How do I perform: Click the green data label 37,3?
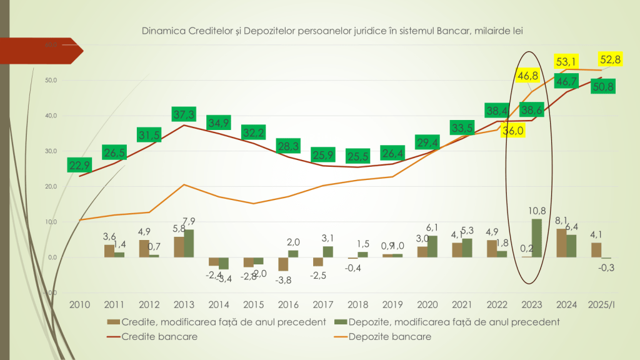click(182, 114)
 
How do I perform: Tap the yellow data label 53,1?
click(566, 61)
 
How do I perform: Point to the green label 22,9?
click(80, 164)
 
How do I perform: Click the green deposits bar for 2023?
click(537, 238)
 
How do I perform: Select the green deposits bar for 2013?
click(188, 244)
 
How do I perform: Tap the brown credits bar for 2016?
click(283, 264)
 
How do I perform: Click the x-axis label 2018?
click(354, 305)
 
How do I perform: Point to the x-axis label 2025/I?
click(602, 305)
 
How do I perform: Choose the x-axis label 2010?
click(79, 305)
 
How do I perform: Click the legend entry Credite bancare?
click(160, 336)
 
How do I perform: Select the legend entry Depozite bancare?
click(399, 336)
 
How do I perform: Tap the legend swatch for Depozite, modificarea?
click(341, 322)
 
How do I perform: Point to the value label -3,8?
click(285, 280)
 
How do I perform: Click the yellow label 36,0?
click(514, 131)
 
